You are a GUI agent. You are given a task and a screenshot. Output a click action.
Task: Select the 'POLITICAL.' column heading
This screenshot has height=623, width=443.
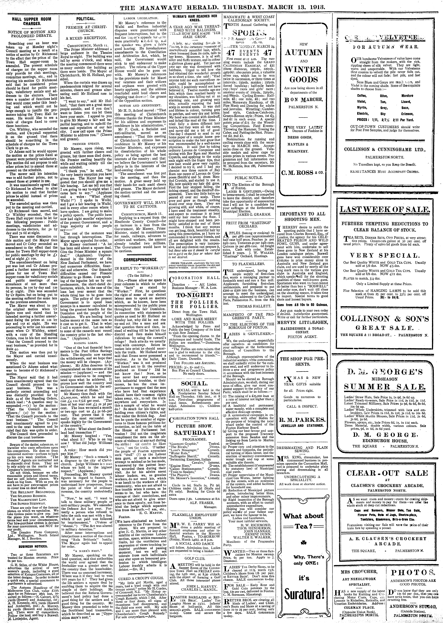click(85, 19)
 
